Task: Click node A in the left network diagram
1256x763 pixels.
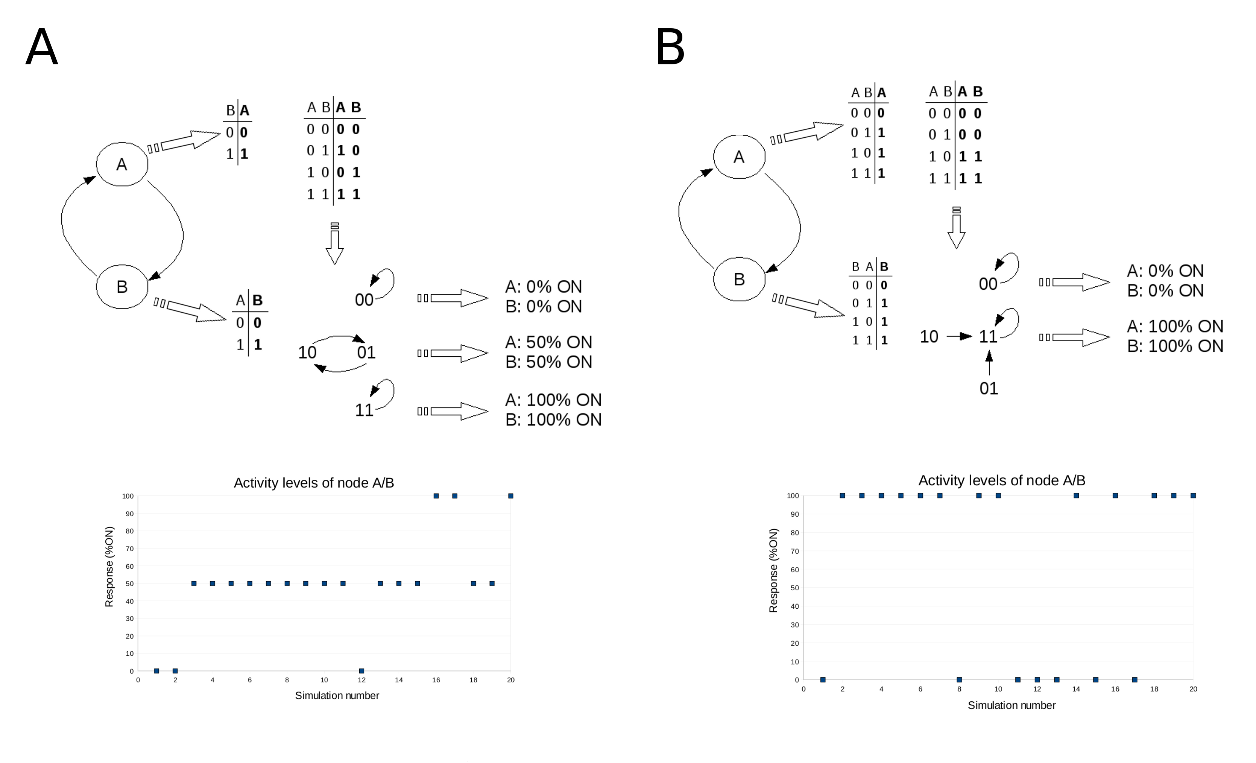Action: click(x=122, y=164)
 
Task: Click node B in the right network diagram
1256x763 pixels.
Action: click(x=739, y=279)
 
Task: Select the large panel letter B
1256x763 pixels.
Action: click(x=670, y=47)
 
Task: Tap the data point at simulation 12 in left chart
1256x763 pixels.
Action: click(x=361, y=671)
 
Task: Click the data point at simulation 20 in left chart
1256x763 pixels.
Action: click(x=511, y=496)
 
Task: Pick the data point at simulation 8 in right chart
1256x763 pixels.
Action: click(x=959, y=679)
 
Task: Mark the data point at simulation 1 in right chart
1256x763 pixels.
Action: click(x=823, y=679)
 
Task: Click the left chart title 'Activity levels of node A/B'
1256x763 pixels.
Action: click(x=314, y=483)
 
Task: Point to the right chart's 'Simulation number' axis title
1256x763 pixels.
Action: click(x=1012, y=705)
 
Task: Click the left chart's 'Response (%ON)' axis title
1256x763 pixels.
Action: click(x=109, y=567)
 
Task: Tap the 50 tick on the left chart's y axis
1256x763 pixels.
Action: click(x=130, y=584)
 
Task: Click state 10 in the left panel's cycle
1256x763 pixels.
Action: click(x=307, y=353)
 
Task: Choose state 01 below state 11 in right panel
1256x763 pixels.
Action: click(x=989, y=388)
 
